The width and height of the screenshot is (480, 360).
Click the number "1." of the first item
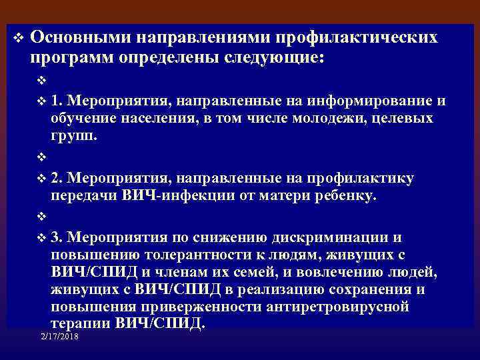(x=57, y=101)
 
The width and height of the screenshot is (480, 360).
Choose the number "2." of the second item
(x=57, y=179)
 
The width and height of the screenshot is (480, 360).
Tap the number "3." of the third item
(x=57, y=237)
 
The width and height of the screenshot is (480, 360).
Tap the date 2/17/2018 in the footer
(x=59, y=339)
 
